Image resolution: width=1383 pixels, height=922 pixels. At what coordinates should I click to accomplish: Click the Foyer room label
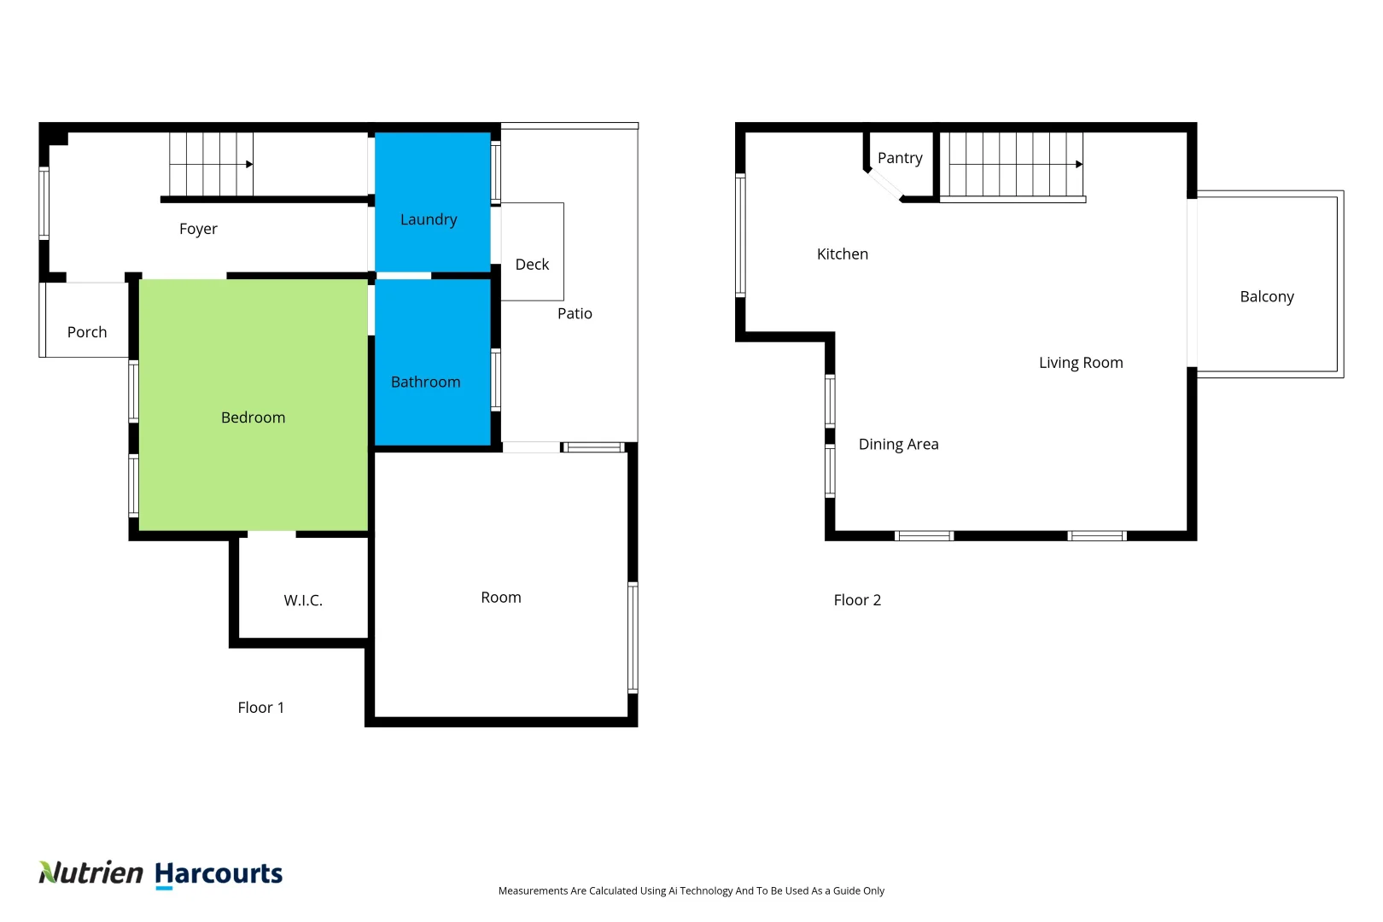click(198, 229)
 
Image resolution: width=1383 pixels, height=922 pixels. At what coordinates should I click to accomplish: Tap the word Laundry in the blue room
click(429, 219)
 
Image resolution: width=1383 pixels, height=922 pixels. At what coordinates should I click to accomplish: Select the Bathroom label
click(425, 382)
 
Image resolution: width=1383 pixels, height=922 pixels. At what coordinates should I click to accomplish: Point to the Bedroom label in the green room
click(253, 417)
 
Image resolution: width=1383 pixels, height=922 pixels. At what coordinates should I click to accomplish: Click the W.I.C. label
click(303, 600)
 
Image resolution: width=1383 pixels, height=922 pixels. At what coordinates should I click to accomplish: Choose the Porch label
click(87, 332)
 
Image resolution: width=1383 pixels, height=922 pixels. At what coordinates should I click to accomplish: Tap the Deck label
click(532, 265)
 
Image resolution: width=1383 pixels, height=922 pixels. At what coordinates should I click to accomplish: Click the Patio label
click(575, 313)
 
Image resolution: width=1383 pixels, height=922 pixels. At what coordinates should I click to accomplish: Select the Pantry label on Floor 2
click(900, 158)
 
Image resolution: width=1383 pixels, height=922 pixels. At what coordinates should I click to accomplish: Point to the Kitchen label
click(842, 254)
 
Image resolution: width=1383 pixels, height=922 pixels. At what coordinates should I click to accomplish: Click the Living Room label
click(1081, 363)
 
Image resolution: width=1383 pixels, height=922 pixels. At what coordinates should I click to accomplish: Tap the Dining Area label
click(898, 444)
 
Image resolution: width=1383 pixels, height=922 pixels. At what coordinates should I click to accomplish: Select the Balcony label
click(1267, 296)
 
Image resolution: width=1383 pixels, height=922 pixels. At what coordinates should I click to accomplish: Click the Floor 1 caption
click(260, 708)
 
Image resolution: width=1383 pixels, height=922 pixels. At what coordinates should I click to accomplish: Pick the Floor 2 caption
click(857, 600)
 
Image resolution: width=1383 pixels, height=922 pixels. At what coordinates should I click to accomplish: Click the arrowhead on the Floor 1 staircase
click(250, 164)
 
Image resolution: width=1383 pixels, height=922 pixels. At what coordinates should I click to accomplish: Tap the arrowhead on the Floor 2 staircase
click(1079, 164)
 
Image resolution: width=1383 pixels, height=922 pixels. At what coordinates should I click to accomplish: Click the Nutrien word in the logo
click(91, 872)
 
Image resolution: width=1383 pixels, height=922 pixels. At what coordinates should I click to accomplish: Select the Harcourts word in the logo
click(219, 873)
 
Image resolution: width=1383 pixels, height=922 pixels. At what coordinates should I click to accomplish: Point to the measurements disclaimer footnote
click(691, 890)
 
